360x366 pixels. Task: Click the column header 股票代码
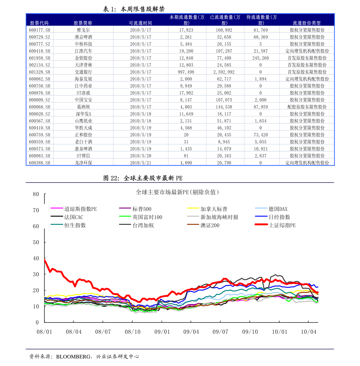click(x=39, y=23)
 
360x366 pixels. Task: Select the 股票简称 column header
click(x=83, y=23)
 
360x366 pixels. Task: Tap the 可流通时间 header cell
click(x=140, y=23)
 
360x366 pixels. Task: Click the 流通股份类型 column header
click(x=306, y=23)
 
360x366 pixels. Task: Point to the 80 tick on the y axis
click(x=36, y=194)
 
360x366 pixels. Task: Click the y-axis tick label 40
click(x=36, y=258)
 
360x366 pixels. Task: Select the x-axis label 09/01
click(x=162, y=332)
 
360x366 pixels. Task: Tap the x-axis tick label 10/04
click(x=309, y=332)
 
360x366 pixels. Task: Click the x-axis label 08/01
click(x=44, y=332)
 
